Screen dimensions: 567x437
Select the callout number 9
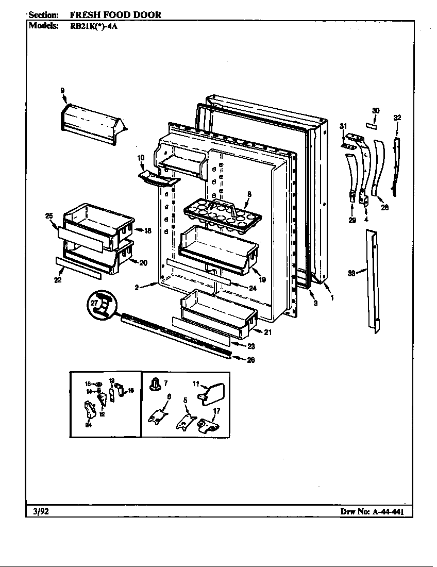[x=62, y=91]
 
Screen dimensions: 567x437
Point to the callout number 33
[x=351, y=274]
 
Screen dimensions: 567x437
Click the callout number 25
[x=49, y=215]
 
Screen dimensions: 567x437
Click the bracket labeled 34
[x=90, y=411]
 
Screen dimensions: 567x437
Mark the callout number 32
[x=397, y=118]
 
